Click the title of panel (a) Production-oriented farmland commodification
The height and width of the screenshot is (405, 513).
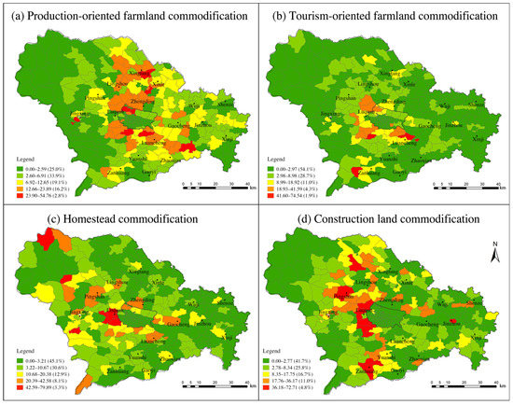pyautogui.click(x=132, y=17)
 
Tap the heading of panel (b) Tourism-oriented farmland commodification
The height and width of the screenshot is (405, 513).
pyautogui.click(x=386, y=17)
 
